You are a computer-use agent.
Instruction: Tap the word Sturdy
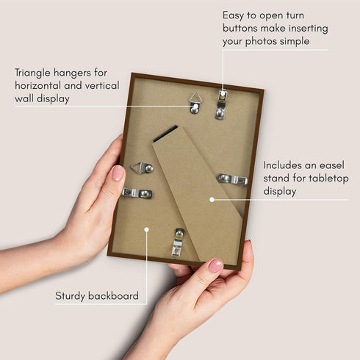[x=71, y=296]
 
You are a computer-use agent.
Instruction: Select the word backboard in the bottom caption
[x=113, y=296]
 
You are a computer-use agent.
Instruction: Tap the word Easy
[x=235, y=15]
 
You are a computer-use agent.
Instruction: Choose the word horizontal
[x=43, y=86]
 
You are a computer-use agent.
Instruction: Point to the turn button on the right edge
[x=232, y=179]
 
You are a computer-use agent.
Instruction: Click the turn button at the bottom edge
[x=178, y=242]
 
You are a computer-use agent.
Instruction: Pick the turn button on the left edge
[x=137, y=193]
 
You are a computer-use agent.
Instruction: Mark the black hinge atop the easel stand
[x=165, y=134]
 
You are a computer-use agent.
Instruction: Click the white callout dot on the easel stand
[x=212, y=198]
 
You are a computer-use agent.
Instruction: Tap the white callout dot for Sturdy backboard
[x=147, y=229]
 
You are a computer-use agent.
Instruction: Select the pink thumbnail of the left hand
[x=118, y=173]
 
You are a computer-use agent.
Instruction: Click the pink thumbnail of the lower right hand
[x=215, y=265]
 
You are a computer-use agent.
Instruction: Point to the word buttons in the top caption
[x=244, y=28]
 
